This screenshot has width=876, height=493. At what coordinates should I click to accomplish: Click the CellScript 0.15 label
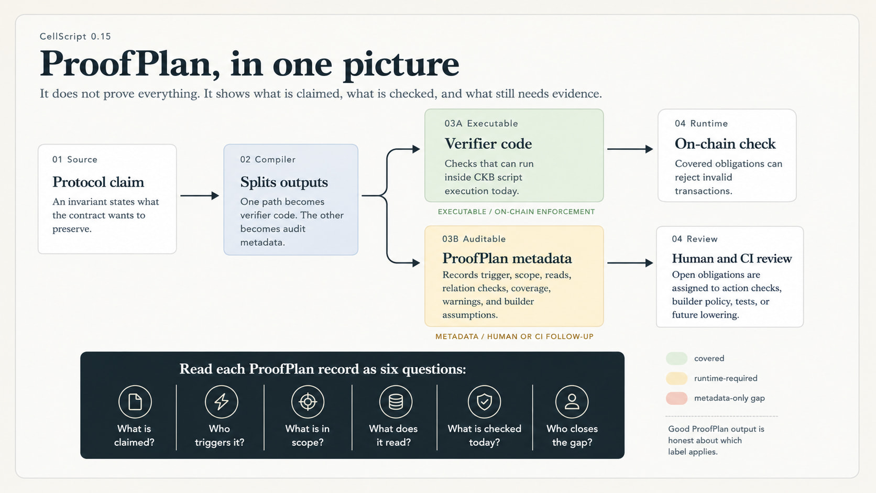coord(75,36)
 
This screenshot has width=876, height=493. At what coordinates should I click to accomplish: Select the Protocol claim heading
coord(98,182)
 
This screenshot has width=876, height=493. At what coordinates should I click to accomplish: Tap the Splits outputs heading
coord(284,182)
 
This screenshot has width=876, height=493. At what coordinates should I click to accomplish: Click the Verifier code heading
coord(488,144)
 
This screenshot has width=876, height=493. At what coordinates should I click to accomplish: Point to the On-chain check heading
coord(725,144)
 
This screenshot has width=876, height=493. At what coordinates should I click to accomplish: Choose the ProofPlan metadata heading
coord(507,258)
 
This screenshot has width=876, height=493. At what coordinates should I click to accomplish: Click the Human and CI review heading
coord(732,258)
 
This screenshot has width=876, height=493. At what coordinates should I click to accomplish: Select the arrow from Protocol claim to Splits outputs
coord(200,195)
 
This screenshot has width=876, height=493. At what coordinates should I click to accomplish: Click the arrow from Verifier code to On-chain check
coord(630,149)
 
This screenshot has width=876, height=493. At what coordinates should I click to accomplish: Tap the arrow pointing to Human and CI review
coord(630,262)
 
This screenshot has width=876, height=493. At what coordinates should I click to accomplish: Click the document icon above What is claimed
coord(135,401)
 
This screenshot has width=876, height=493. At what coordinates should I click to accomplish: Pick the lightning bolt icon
coord(221,401)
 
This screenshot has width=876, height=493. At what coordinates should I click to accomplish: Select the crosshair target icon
coord(308,401)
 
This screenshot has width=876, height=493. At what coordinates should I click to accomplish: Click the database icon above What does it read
coord(396,401)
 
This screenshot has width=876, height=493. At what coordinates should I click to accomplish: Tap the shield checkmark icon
coord(484,401)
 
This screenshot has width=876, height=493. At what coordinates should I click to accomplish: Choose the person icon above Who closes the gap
coord(572,401)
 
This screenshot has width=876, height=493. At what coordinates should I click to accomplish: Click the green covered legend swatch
coord(676,358)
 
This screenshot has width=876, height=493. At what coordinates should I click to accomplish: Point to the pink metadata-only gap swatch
coord(676,398)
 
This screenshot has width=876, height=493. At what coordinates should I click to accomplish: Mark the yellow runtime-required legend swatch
coord(676,378)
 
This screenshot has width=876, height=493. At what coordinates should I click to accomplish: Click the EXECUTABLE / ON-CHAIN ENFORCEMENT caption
coord(516,212)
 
